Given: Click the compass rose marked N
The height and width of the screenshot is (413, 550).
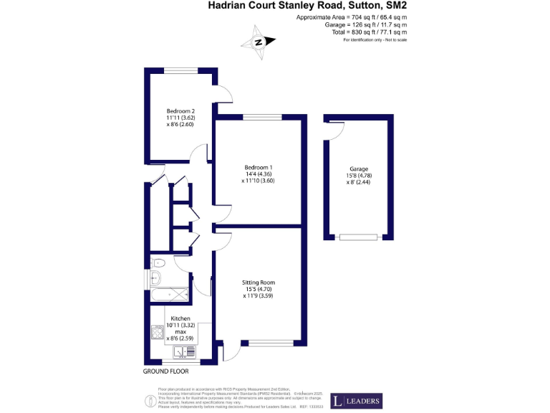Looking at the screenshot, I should point(259,42).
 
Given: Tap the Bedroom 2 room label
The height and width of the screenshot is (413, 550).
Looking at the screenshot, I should point(180,111).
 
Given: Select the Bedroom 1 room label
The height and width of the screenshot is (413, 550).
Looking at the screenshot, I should point(259,167).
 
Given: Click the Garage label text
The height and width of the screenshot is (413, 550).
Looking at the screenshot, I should point(359,168).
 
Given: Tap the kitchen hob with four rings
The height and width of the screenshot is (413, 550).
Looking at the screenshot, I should point(158,333).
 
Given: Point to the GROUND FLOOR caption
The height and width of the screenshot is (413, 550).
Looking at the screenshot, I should point(165,372).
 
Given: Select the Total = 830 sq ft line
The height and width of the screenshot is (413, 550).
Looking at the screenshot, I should point(370,32).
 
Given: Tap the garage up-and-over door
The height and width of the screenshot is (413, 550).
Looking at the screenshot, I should point(358,237).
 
